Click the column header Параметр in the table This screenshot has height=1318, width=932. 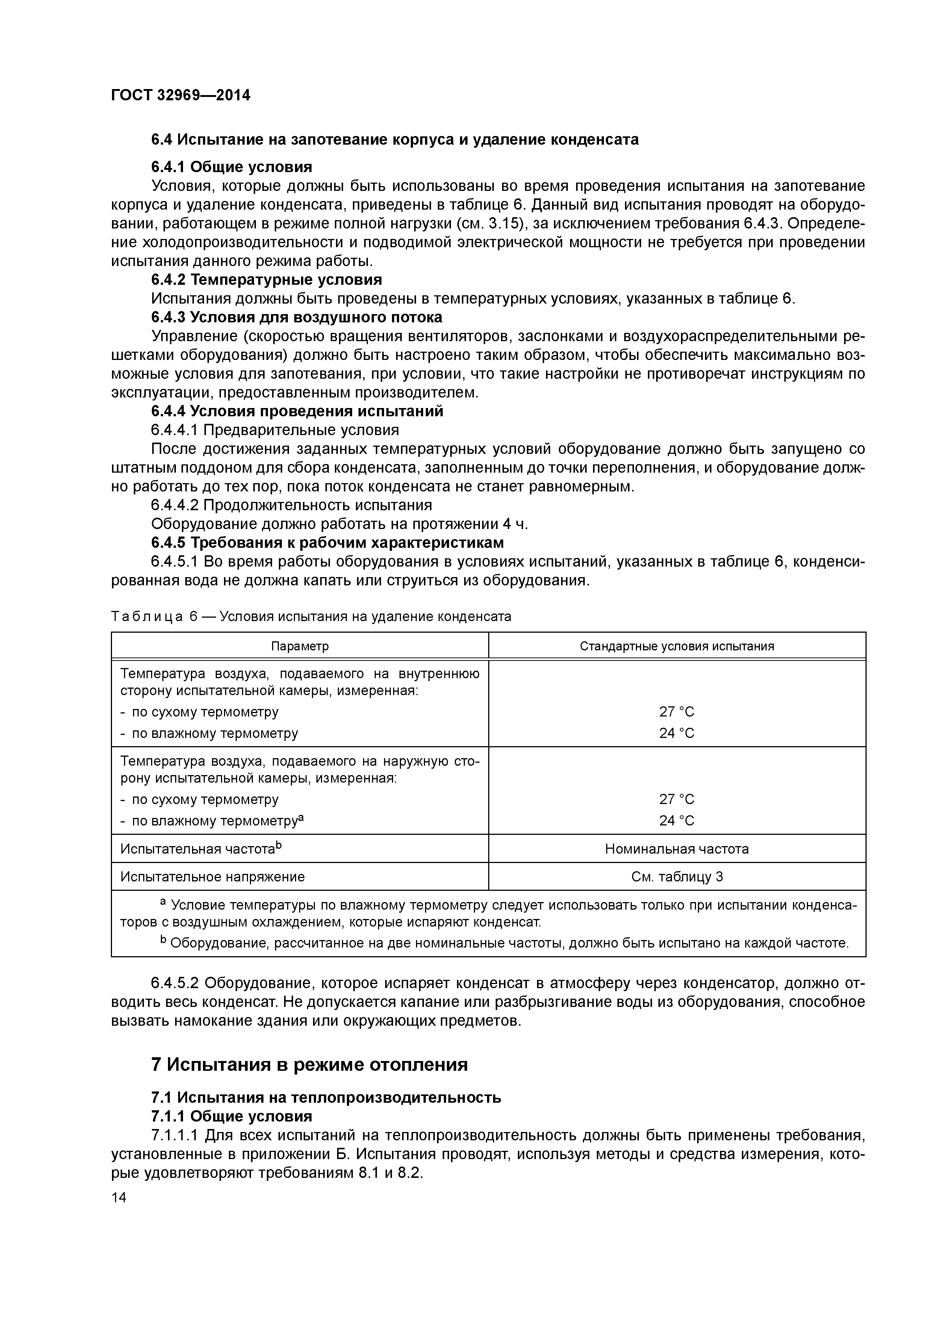(x=300, y=646)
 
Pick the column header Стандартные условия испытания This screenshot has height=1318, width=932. (x=676, y=646)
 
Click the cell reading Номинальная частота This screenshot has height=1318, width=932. (x=676, y=849)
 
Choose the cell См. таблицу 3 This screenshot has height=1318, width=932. (x=676, y=877)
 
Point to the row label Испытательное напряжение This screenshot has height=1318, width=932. (x=212, y=877)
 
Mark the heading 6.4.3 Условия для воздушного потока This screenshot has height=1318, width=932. (x=296, y=317)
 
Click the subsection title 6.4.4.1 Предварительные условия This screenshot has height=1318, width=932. (x=274, y=430)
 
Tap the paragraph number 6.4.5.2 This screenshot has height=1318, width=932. (x=175, y=983)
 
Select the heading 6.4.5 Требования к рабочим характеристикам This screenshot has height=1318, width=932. (x=327, y=543)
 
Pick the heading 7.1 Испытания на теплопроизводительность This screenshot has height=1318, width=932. (x=325, y=1097)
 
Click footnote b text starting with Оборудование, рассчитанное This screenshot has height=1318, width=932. (x=505, y=943)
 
